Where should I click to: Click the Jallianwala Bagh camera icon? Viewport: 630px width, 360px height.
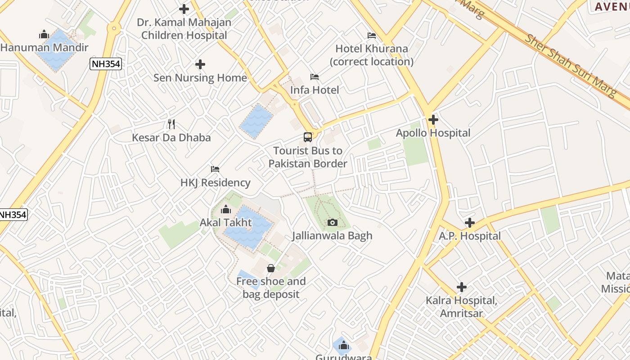333,222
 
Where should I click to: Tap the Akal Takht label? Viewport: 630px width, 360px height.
226,223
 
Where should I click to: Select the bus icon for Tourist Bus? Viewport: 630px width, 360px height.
308,137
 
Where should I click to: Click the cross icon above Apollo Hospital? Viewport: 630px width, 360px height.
433,120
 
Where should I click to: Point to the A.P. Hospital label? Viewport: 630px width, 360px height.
470,236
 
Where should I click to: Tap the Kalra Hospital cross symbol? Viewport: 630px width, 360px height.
461,287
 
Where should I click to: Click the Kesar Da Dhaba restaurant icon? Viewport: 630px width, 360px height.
171,124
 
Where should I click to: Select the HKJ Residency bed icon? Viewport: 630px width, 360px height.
215,169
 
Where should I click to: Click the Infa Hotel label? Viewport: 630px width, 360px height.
315,90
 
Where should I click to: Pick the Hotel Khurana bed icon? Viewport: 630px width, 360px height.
372,35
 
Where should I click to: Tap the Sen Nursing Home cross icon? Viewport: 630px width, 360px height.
200,64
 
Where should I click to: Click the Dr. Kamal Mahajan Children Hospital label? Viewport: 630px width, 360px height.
184,29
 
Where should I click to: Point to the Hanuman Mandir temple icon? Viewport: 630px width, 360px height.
44,34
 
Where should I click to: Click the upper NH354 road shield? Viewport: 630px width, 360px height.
106,64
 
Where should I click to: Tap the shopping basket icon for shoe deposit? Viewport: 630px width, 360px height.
271,268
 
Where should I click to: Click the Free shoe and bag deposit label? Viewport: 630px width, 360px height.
271,288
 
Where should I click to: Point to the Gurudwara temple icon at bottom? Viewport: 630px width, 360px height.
344,345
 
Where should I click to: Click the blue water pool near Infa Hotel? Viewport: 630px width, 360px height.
256,121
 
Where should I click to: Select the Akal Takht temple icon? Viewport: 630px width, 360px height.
226,209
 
